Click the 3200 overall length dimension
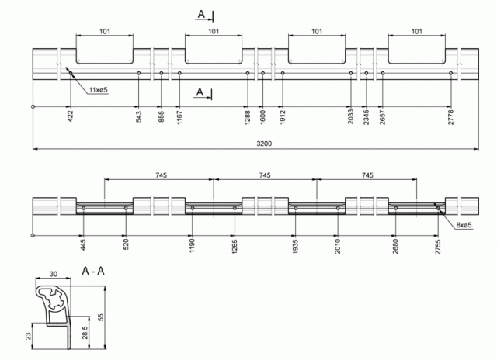coord(264,144)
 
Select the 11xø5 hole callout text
coord(99,90)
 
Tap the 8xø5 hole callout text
coord(464,225)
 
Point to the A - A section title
coord(93,271)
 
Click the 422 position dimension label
coord(71,116)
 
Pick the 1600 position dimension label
coord(262,117)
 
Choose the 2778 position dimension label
coord(450,117)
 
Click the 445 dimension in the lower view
coord(83,244)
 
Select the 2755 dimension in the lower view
coord(438,247)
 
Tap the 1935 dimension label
coord(295,247)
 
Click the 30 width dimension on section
coord(54,274)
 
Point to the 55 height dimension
coord(101,317)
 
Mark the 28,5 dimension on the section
coord(85,333)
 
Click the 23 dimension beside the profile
coord(28,336)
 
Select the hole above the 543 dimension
coord(138,73)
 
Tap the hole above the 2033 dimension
coord(350,73)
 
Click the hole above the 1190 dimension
coord(193,208)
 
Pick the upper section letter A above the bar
coord(201,14)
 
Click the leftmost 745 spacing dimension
coord(161,175)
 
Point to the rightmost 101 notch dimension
coord(417,31)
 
